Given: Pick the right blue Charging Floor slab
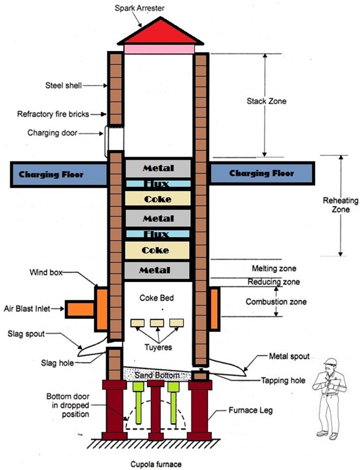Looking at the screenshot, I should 262,173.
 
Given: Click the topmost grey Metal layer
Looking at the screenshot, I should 157,166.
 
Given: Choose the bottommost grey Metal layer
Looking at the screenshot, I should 157,270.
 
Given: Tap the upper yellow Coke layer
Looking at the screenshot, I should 157,199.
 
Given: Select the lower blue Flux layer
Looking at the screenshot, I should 157,234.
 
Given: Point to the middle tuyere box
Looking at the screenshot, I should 157,323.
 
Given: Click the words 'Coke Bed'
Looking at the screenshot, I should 157,298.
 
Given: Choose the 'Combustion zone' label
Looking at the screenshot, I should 276,301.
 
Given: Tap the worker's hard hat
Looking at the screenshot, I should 329,363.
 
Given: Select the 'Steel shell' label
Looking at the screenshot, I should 62,85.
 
